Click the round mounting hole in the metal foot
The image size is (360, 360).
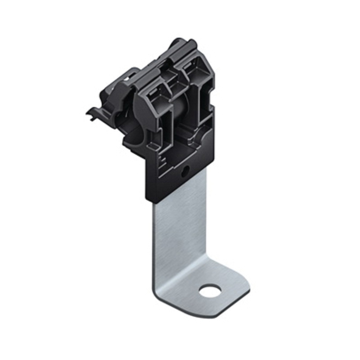[210, 291]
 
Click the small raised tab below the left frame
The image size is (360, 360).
[155, 146]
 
